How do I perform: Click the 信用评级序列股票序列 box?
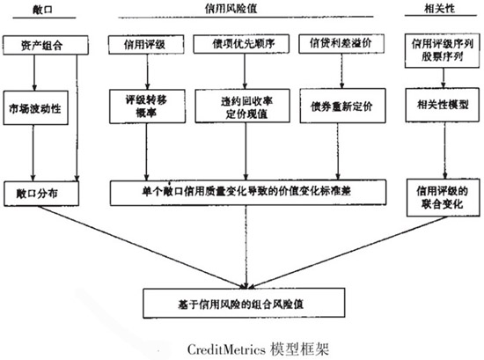(435, 48)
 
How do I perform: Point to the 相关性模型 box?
(435, 105)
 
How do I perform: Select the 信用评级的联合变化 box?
(435, 194)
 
